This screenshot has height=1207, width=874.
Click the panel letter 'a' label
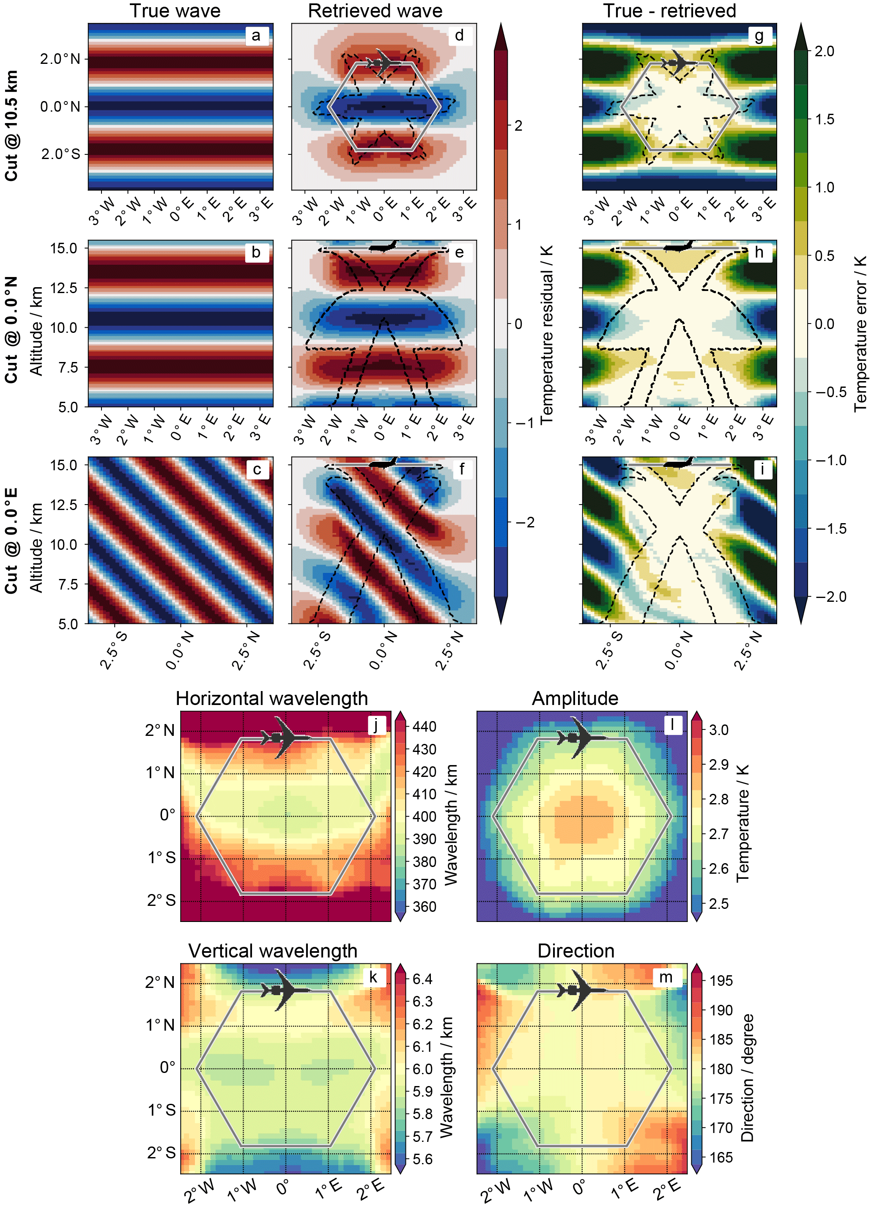click(x=256, y=36)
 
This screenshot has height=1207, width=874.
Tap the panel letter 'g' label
click(x=759, y=36)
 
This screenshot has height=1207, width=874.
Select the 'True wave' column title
click(x=175, y=11)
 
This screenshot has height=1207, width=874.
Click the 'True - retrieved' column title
click(x=670, y=11)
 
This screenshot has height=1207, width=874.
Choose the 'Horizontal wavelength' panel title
click(x=272, y=698)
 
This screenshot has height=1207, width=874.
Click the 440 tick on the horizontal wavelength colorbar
click(x=425, y=727)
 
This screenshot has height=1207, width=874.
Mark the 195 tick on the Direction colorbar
click(x=721, y=980)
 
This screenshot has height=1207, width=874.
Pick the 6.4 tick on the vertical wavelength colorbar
click(x=422, y=979)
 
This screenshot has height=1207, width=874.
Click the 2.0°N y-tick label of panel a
click(x=60, y=59)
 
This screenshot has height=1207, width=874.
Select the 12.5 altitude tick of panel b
click(x=64, y=288)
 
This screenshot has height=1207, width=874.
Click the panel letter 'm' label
click(x=666, y=977)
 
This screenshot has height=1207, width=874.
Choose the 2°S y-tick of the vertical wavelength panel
click(x=161, y=1152)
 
